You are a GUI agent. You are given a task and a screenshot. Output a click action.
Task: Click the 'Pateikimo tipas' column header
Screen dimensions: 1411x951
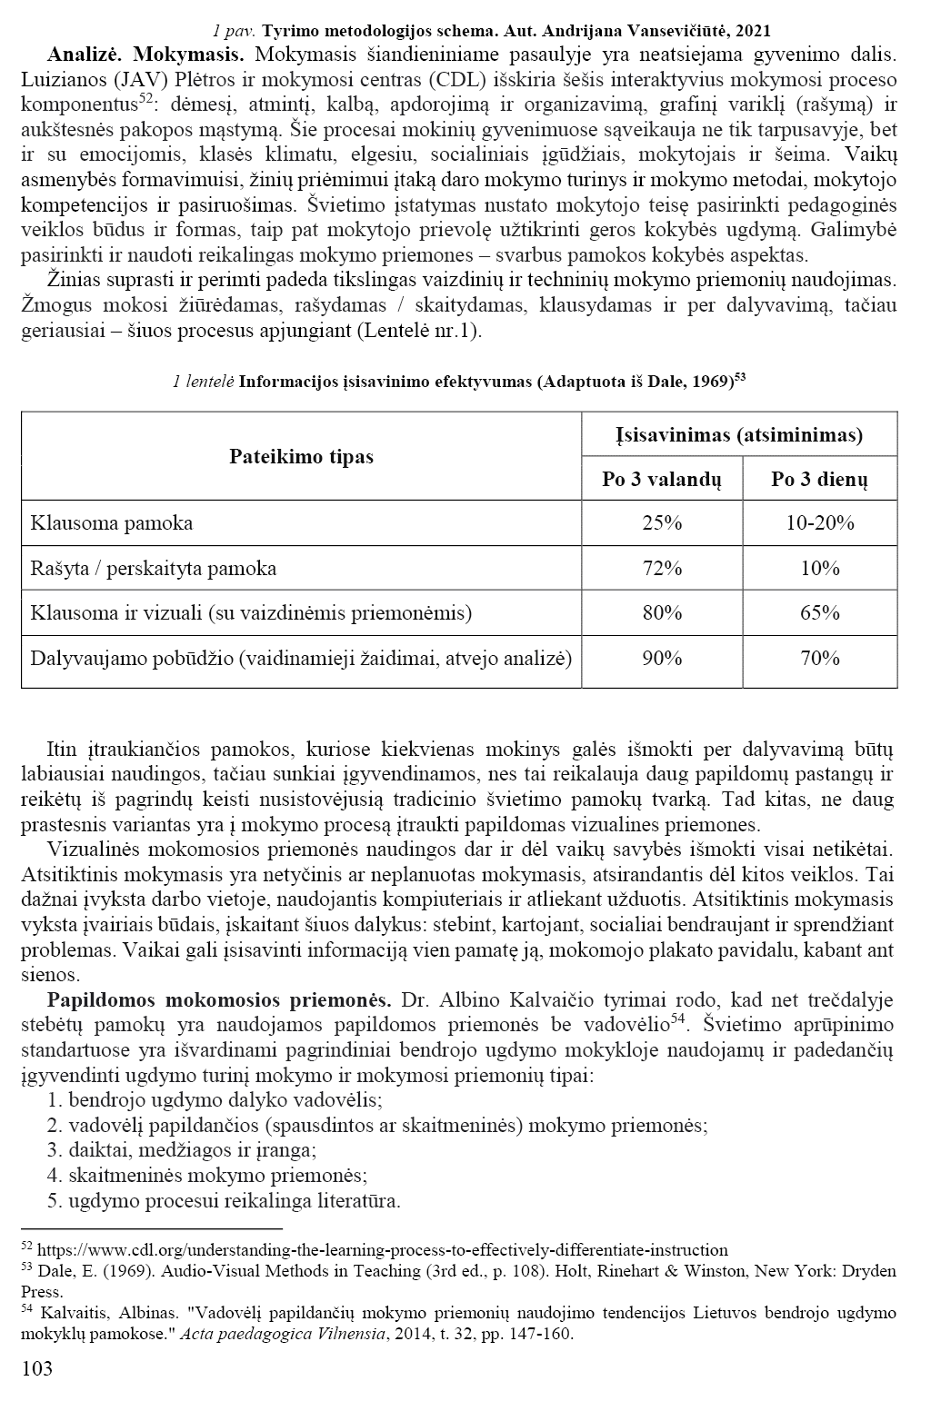[301, 456]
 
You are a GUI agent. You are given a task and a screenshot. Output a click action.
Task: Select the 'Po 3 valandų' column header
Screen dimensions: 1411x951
[661, 480]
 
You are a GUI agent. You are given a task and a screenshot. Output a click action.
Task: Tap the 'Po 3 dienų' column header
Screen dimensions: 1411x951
[819, 480]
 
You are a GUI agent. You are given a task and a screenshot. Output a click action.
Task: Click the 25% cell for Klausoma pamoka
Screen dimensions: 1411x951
[661, 522]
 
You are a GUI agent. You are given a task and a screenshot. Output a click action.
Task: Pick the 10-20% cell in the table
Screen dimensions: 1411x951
[819, 522]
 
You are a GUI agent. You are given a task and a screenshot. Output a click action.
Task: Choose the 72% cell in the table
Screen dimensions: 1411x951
[661, 568]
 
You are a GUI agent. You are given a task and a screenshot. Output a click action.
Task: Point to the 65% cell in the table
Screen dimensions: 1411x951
[819, 612]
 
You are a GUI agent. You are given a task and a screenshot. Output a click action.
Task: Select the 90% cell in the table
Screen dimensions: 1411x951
[661, 657]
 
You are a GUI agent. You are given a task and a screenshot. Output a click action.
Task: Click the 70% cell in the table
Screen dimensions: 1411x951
[819, 657]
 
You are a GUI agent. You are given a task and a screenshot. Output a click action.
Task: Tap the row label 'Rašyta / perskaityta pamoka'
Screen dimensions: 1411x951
[153, 568]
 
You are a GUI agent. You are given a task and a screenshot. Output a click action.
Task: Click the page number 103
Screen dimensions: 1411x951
[36, 1368]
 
